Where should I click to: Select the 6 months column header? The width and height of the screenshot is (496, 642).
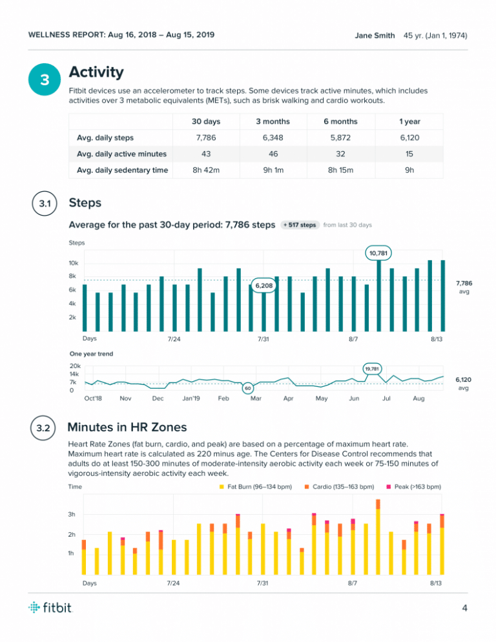pyautogui.click(x=340, y=121)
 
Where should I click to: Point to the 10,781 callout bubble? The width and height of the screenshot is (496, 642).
pyautogui.click(x=379, y=253)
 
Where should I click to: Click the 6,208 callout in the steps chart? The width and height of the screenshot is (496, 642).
pyautogui.click(x=263, y=285)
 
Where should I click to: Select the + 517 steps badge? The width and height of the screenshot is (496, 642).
pyautogui.click(x=300, y=225)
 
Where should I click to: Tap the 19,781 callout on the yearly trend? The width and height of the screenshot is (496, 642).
pyautogui.click(x=371, y=369)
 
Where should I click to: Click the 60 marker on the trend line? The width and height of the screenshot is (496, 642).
pyautogui.click(x=247, y=389)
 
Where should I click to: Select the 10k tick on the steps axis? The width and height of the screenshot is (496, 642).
pyautogui.click(x=74, y=264)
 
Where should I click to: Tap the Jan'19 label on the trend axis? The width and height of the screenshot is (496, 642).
pyautogui.click(x=191, y=399)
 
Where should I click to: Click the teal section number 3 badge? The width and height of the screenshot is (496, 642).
pyautogui.click(x=44, y=80)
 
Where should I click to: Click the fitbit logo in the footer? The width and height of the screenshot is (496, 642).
pyautogui.click(x=51, y=607)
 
